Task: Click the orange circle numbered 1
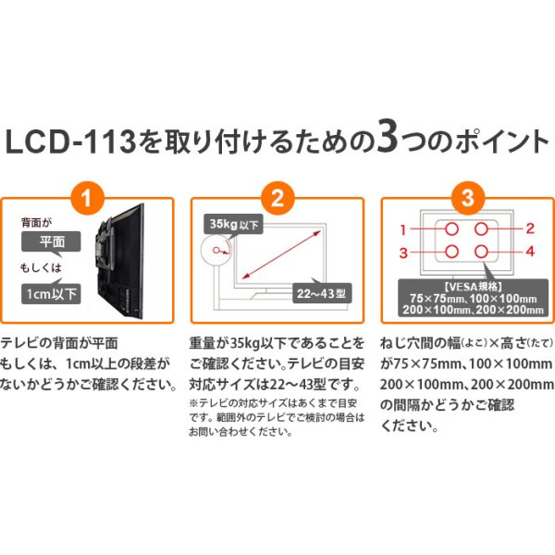pos(86,196)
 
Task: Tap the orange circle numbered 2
pos(277,196)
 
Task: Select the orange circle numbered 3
pos(468,196)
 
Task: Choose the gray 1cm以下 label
pos(52,293)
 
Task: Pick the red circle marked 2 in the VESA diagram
pos(483,228)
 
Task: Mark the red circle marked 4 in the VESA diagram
pos(483,252)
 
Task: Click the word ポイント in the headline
pos(481,143)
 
